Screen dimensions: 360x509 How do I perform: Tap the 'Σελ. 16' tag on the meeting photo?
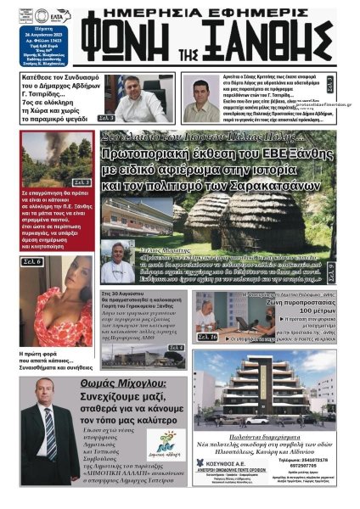(x=207, y=337)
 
